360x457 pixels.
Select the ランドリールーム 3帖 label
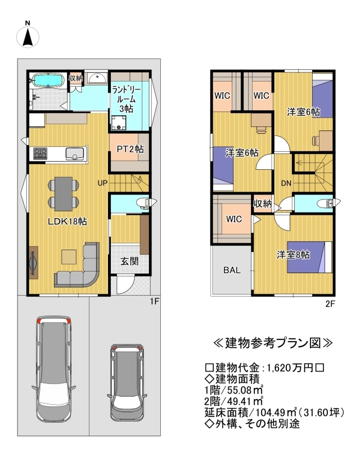click(127, 98)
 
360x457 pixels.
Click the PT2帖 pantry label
click(130, 150)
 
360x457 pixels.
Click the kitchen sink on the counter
click(75, 153)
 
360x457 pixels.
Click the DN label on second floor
click(286, 183)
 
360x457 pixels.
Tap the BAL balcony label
click(232, 270)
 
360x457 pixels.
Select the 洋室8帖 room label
click(294, 255)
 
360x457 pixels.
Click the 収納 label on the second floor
click(262, 203)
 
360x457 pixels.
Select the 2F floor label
click(330, 304)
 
